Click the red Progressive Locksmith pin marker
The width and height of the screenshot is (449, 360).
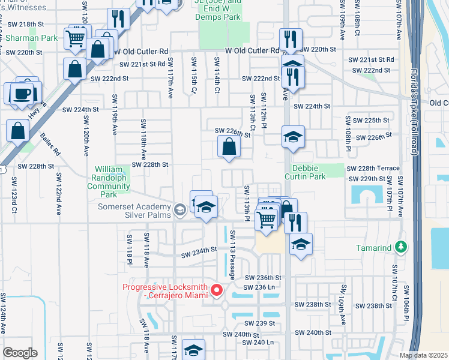(217, 292)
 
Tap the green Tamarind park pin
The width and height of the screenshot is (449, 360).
(406, 247)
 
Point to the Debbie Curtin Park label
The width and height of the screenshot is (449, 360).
(316, 172)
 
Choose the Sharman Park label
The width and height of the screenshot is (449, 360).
(37, 38)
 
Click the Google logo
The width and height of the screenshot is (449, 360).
(20, 352)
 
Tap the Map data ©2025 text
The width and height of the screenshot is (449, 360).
(423, 355)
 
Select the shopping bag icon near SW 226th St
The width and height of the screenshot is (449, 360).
(229, 146)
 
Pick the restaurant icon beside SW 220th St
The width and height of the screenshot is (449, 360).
(291, 38)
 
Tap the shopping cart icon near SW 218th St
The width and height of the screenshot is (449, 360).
(76, 38)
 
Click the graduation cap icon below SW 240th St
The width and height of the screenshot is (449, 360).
(193, 350)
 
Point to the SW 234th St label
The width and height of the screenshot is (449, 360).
(199, 250)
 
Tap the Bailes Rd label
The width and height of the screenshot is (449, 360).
(50, 145)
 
